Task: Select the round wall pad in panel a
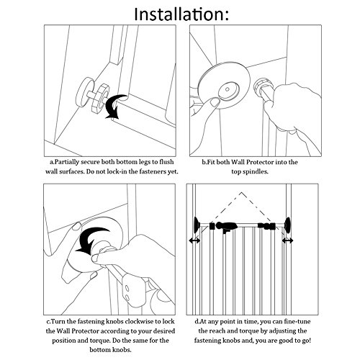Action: [84, 91]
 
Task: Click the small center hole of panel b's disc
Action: [228, 89]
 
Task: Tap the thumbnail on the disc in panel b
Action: [215, 102]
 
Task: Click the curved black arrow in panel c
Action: [91, 240]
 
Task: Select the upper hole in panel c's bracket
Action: [127, 288]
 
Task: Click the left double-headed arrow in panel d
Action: [194, 240]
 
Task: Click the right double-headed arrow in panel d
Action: [287, 240]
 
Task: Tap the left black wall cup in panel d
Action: [197, 225]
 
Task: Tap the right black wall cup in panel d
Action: [287, 225]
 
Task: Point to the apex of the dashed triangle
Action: [241, 192]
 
